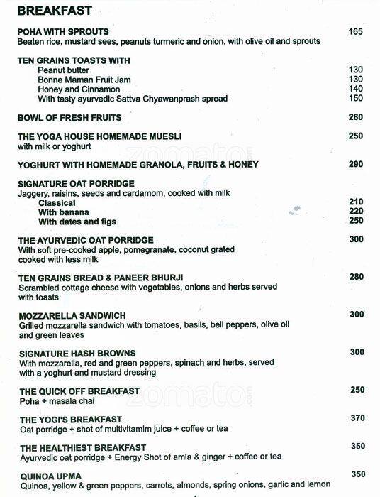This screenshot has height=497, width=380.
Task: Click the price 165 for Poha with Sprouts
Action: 357,32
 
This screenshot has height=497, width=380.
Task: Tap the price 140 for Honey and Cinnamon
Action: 357,89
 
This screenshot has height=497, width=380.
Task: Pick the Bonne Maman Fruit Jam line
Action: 84,80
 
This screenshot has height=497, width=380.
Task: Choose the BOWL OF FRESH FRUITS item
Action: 69,117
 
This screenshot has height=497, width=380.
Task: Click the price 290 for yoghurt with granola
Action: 357,164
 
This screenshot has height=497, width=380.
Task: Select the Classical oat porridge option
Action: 57,202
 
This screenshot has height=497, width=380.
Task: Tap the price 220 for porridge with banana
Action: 357,212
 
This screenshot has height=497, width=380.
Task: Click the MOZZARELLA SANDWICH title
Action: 72,315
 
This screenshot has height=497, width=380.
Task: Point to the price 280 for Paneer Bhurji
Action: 357,277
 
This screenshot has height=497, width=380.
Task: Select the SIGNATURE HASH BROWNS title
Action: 77,353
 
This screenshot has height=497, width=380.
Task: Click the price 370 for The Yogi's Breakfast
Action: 357,420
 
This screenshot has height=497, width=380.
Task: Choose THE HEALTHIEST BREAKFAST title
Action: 83,448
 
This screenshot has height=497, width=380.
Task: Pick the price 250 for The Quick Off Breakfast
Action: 357,390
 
